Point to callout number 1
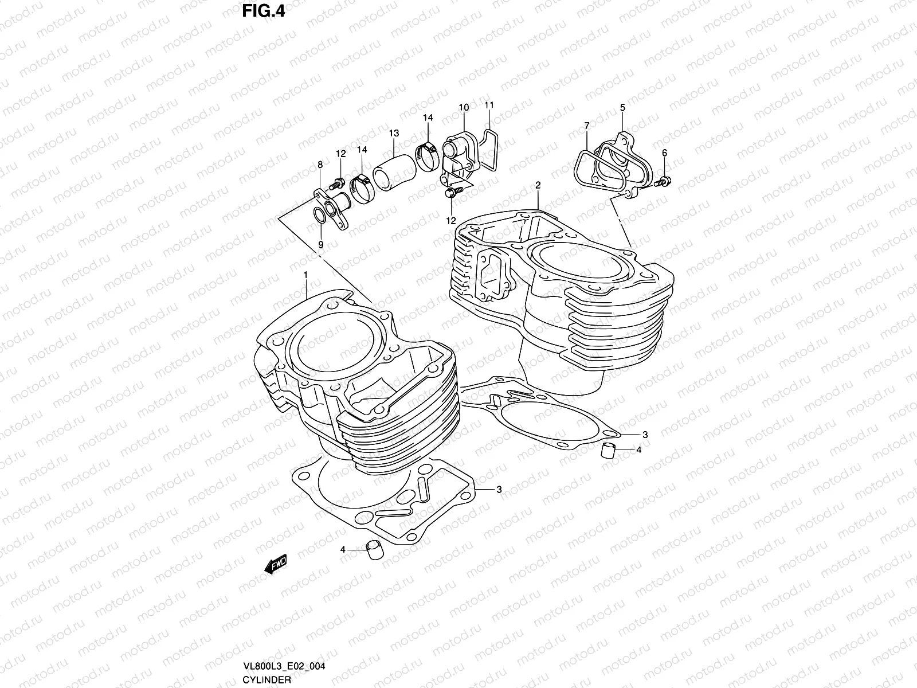[306, 275]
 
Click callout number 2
[538, 185]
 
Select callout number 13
[393, 133]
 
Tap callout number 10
[464, 107]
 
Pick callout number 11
[488, 105]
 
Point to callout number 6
[664, 153]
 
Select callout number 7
[586, 126]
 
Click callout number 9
[321, 244]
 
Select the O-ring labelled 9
[319, 216]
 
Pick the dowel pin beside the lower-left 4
[373, 549]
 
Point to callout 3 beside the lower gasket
[499, 490]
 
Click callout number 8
[320, 165]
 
